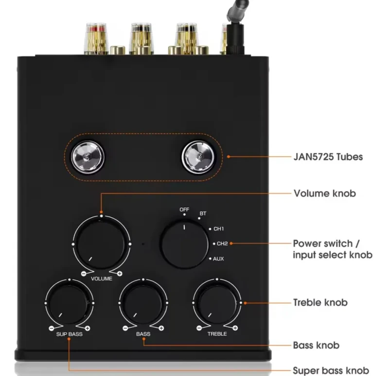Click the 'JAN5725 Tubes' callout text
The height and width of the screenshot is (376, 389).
(x=328, y=157)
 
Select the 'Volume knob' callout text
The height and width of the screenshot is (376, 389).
(x=325, y=193)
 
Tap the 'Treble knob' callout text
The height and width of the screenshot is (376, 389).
(x=320, y=302)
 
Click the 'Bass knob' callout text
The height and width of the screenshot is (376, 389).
(x=316, y=345)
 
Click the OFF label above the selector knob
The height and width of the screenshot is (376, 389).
(x=184, y=210)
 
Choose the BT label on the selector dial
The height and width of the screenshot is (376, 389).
(x=203, y=214)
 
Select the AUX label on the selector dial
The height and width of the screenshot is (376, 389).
(x=218, y=259)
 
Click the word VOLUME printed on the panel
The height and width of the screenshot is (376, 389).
(x=102, y=279)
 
